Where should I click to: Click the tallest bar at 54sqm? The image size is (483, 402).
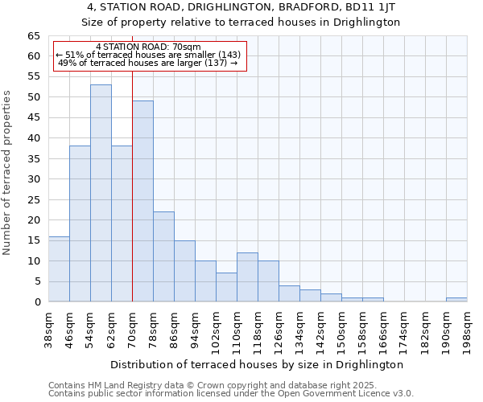[x=101, y=193]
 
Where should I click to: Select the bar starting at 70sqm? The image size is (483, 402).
[x=142, y=201]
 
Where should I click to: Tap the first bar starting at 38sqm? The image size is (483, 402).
[x=59, y=269]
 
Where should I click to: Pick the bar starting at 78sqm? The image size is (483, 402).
[x=163, y=256]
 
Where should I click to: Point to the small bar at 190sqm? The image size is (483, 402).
[x=456, y=300]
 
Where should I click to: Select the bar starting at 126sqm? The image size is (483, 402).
[x=289, y=293]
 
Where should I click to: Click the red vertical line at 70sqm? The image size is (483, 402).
[x=132, y=161]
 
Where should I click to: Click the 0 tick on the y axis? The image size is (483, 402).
[x=37, y=302]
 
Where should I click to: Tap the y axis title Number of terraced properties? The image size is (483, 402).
[x=8, y=173]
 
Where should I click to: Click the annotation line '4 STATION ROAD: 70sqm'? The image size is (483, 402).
[x=148, y=47]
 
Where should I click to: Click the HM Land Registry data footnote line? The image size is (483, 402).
[x=212, y=385]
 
